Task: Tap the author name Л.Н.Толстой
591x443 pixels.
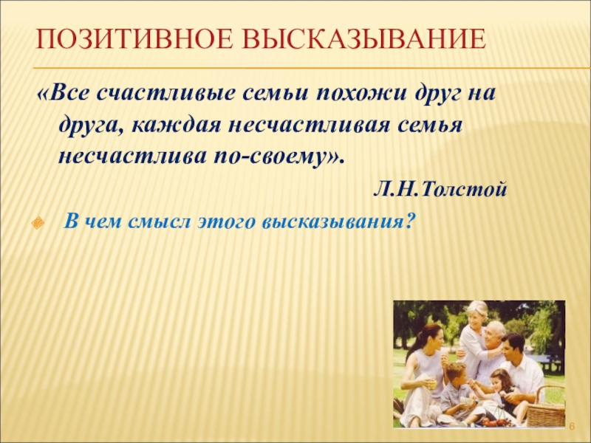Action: [440, 190]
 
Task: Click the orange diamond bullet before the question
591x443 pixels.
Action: [38, 223]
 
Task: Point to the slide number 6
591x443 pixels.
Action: [572, 427]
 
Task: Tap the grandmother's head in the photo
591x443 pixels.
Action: [476, 314]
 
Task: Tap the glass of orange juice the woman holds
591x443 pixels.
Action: [431, 382]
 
